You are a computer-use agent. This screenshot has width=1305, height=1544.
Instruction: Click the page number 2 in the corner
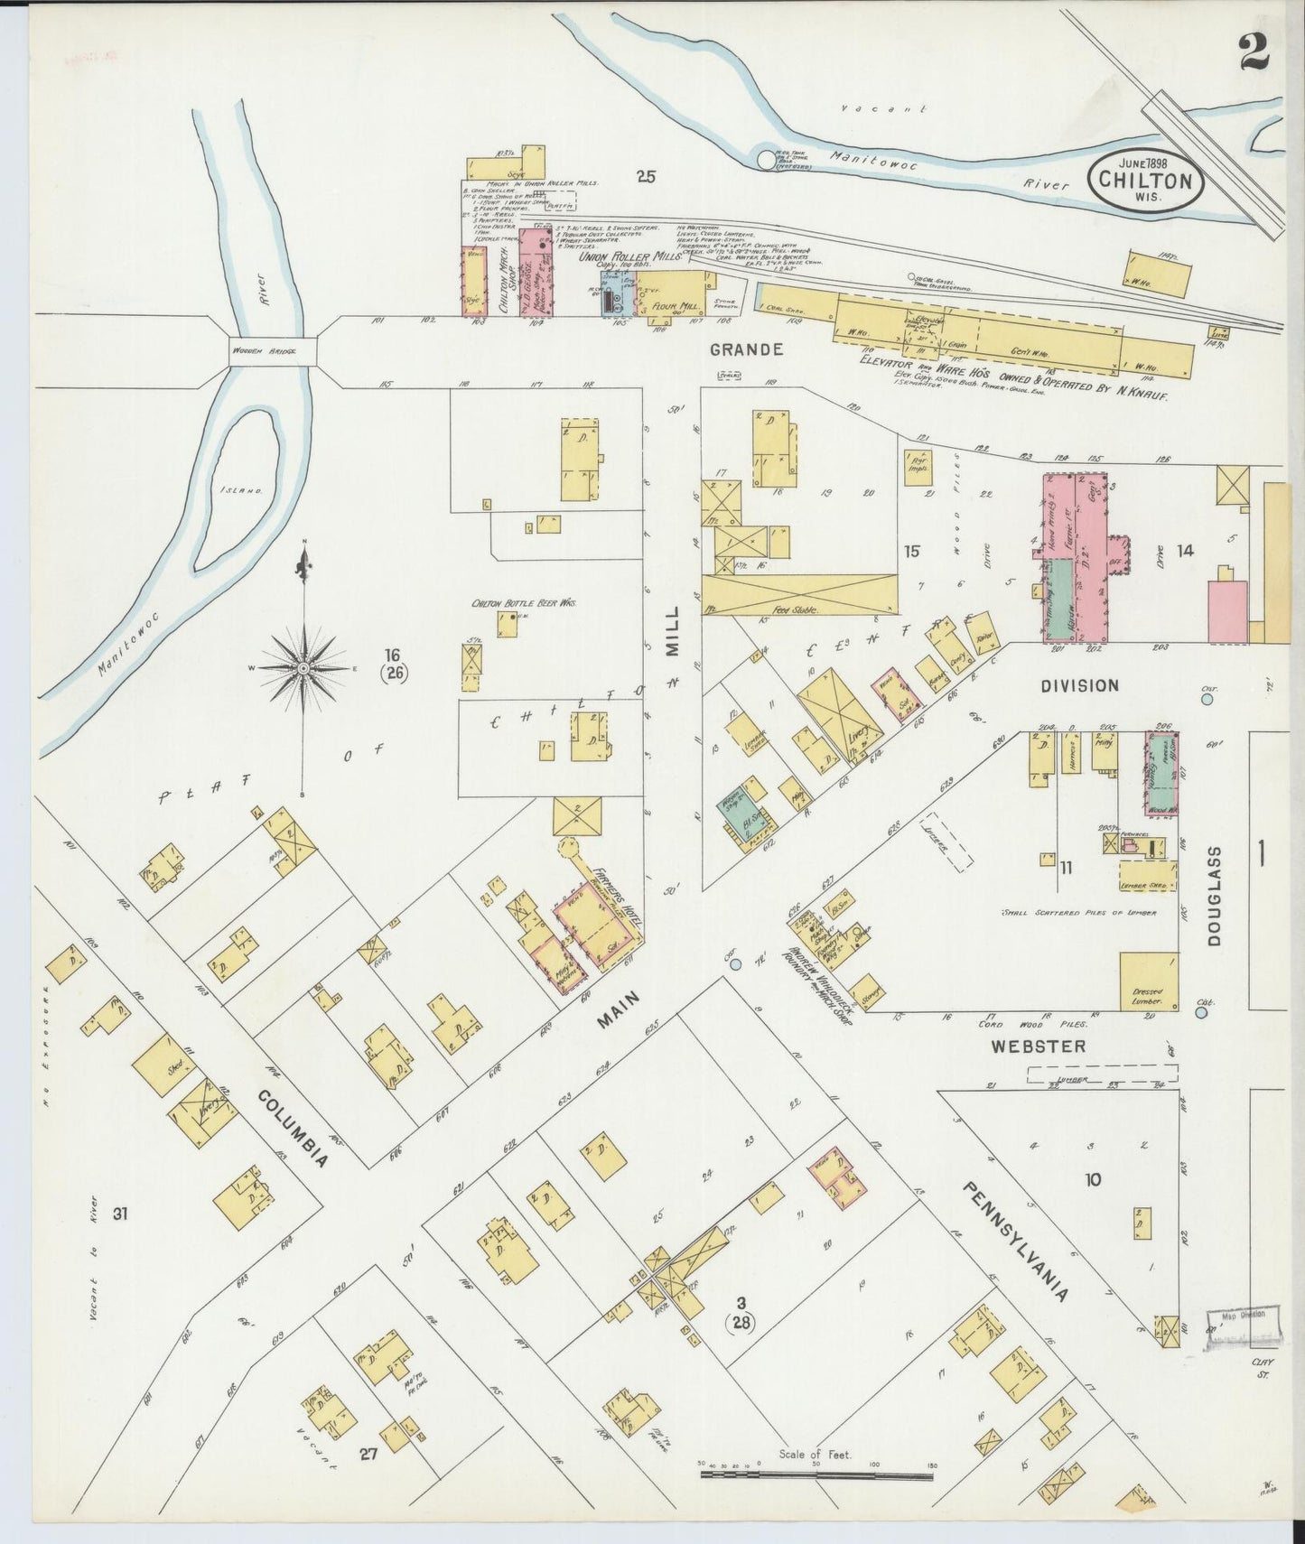click(1255, 52)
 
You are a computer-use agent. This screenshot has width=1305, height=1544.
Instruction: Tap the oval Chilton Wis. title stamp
click(1146, 179)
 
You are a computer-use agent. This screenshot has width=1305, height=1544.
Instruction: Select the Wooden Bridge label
click(272, 351)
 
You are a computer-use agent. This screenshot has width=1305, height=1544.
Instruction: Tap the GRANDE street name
click(746, 349)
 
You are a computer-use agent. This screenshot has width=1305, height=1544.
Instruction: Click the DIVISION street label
click(1079, 686)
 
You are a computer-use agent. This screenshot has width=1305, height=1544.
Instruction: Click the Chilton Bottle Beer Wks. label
click(524, 602)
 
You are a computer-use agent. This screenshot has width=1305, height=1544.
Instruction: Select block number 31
click(120, 1214)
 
